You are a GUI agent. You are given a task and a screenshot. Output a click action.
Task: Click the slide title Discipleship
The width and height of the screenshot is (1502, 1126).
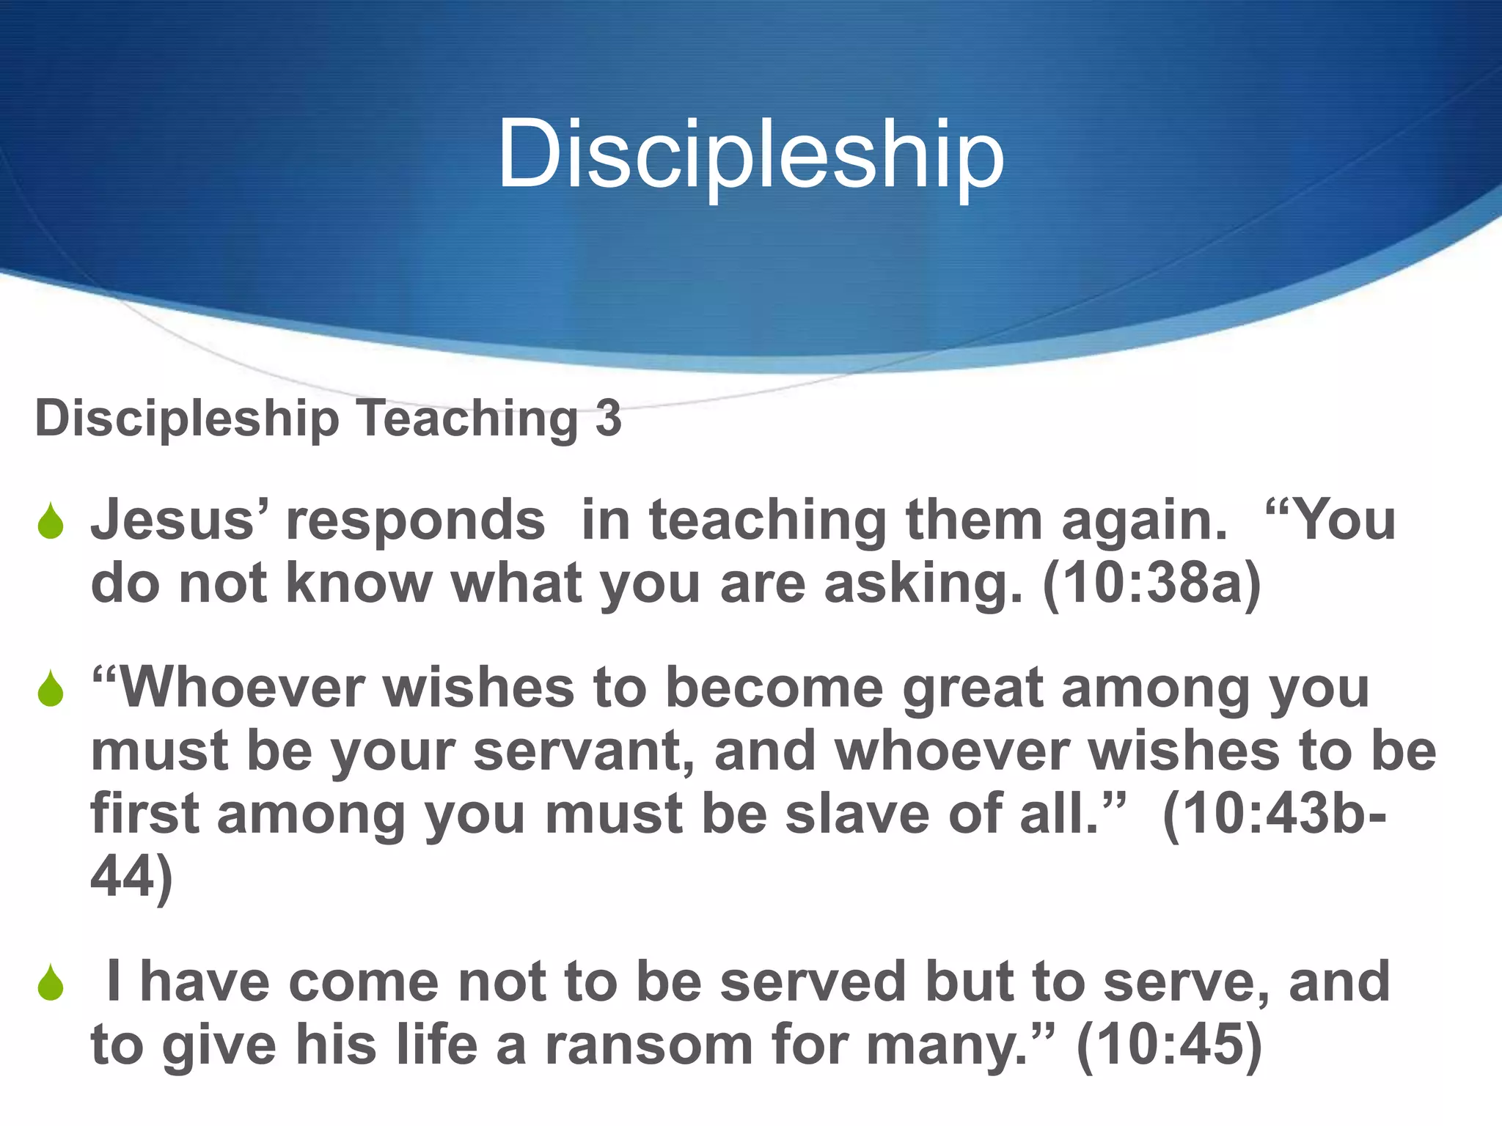[750, 155]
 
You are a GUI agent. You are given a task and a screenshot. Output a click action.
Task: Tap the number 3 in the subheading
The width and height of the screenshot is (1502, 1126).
[608, 418]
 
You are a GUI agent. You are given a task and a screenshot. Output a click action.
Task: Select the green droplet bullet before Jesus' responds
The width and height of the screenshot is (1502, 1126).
[51, 522]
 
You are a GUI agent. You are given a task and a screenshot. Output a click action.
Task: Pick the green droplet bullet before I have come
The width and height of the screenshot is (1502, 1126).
[51, 984]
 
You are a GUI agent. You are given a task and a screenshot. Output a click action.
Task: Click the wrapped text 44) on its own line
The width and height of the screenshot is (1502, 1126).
[131, 877]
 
